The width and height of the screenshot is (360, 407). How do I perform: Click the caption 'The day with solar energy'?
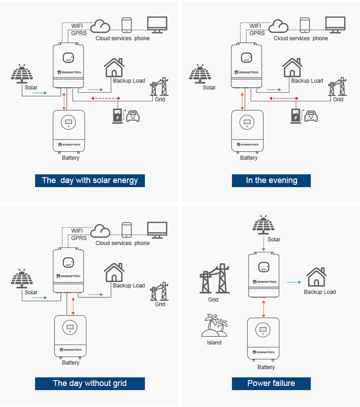tap(90, 181)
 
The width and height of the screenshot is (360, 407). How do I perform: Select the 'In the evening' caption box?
tap(271, 181)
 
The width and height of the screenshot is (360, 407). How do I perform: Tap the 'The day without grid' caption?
tap(90, 383)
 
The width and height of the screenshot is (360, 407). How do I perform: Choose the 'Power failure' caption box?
tap(271, 383)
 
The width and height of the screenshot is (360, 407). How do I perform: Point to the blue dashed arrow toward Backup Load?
tap(293, 283)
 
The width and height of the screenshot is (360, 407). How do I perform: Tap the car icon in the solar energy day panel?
tap(132, 115)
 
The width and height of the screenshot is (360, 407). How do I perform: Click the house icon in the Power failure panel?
tap(317, 277)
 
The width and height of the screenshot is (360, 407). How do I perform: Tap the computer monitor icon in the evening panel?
tap(336, 25)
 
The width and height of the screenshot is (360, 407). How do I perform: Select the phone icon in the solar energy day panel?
tap(127, 25)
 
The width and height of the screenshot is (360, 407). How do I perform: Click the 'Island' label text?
tap(214, 343)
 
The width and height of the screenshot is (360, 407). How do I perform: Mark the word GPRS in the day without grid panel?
tap(79, 238)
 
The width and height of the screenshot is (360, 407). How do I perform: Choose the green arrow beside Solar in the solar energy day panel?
tap(40, 92)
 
